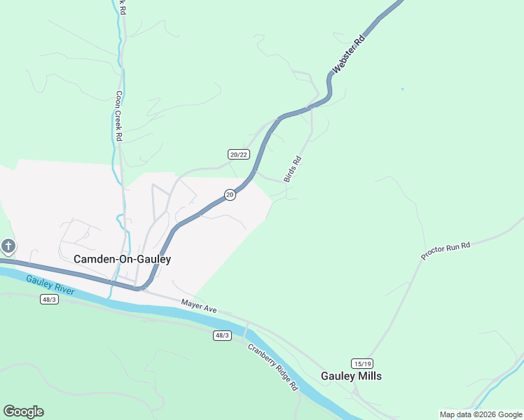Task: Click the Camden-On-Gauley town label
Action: pyautogui.click(x=122, y=259)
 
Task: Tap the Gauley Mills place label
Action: pyautogui.click(x=351, y=376)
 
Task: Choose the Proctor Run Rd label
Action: pyautogui.click(x=446, y=249)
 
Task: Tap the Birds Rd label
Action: pyautogui.click(x=293, y=169)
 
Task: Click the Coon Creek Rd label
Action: pyautogui.click(x=119, y=116)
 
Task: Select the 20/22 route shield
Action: pyautogui.click(x=238, y=154)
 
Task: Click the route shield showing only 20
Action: pyautogui.click(x=230, y=195)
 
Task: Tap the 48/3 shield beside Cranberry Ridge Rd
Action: pyautogui.click(x=222, y=335)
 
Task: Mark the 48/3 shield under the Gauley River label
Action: pyautogui.click(x=49, y=300)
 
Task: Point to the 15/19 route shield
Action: pyautogui.click(x=362, y=363)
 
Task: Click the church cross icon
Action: pyautogui.click(x=8, y=246)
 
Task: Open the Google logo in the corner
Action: pyautogui.click(x=23, y=412)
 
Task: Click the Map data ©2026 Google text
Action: pyautogui.click(x=480, y=414)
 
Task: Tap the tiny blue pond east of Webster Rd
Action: pyautogui.click(x=402, y=89)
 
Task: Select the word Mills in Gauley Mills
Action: pyautogui.click(x=369, y=376)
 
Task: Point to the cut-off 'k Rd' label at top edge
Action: pyautogui.click(x=123, y=7)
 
